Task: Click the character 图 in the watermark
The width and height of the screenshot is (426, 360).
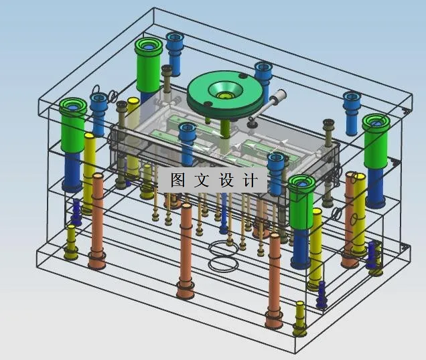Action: pyautogui.click(x=177, y=180)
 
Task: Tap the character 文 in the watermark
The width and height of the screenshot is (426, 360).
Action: pyautogui.click(x=202, y=180)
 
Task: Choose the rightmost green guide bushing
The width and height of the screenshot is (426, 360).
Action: pyautogui.click(x=376, y=141)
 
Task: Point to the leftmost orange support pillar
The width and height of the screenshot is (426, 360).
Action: pyautogui.click(x=98, y=221)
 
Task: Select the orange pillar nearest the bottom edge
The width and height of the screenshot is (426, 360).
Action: pyautogui.click(x=273, y=281)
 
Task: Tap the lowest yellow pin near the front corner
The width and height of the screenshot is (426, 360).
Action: pyautogui.click(x=300, y=318)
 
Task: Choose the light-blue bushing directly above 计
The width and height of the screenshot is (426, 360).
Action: pyautogui.click(x=275, y=167)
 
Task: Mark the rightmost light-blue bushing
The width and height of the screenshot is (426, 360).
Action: pyautogui.click(x=352, y=110)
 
